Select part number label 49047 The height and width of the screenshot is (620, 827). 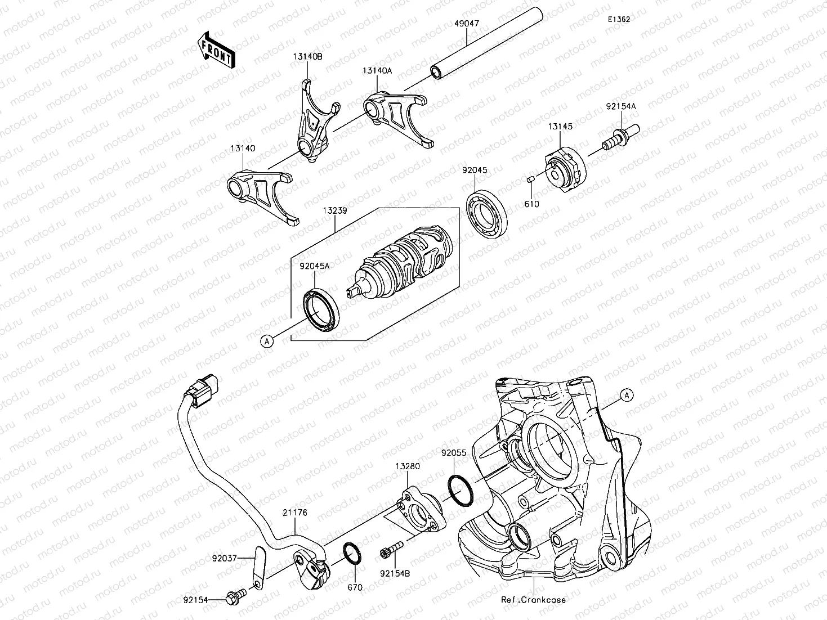point(468,25)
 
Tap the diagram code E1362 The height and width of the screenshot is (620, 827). point(618,19)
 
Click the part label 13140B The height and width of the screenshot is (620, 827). point(307,57)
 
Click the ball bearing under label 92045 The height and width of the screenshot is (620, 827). point(488,214)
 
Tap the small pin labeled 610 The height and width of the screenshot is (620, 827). point(530,179)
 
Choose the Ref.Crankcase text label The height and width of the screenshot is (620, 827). point(533,600)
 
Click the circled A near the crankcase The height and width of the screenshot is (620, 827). point(627,396)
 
